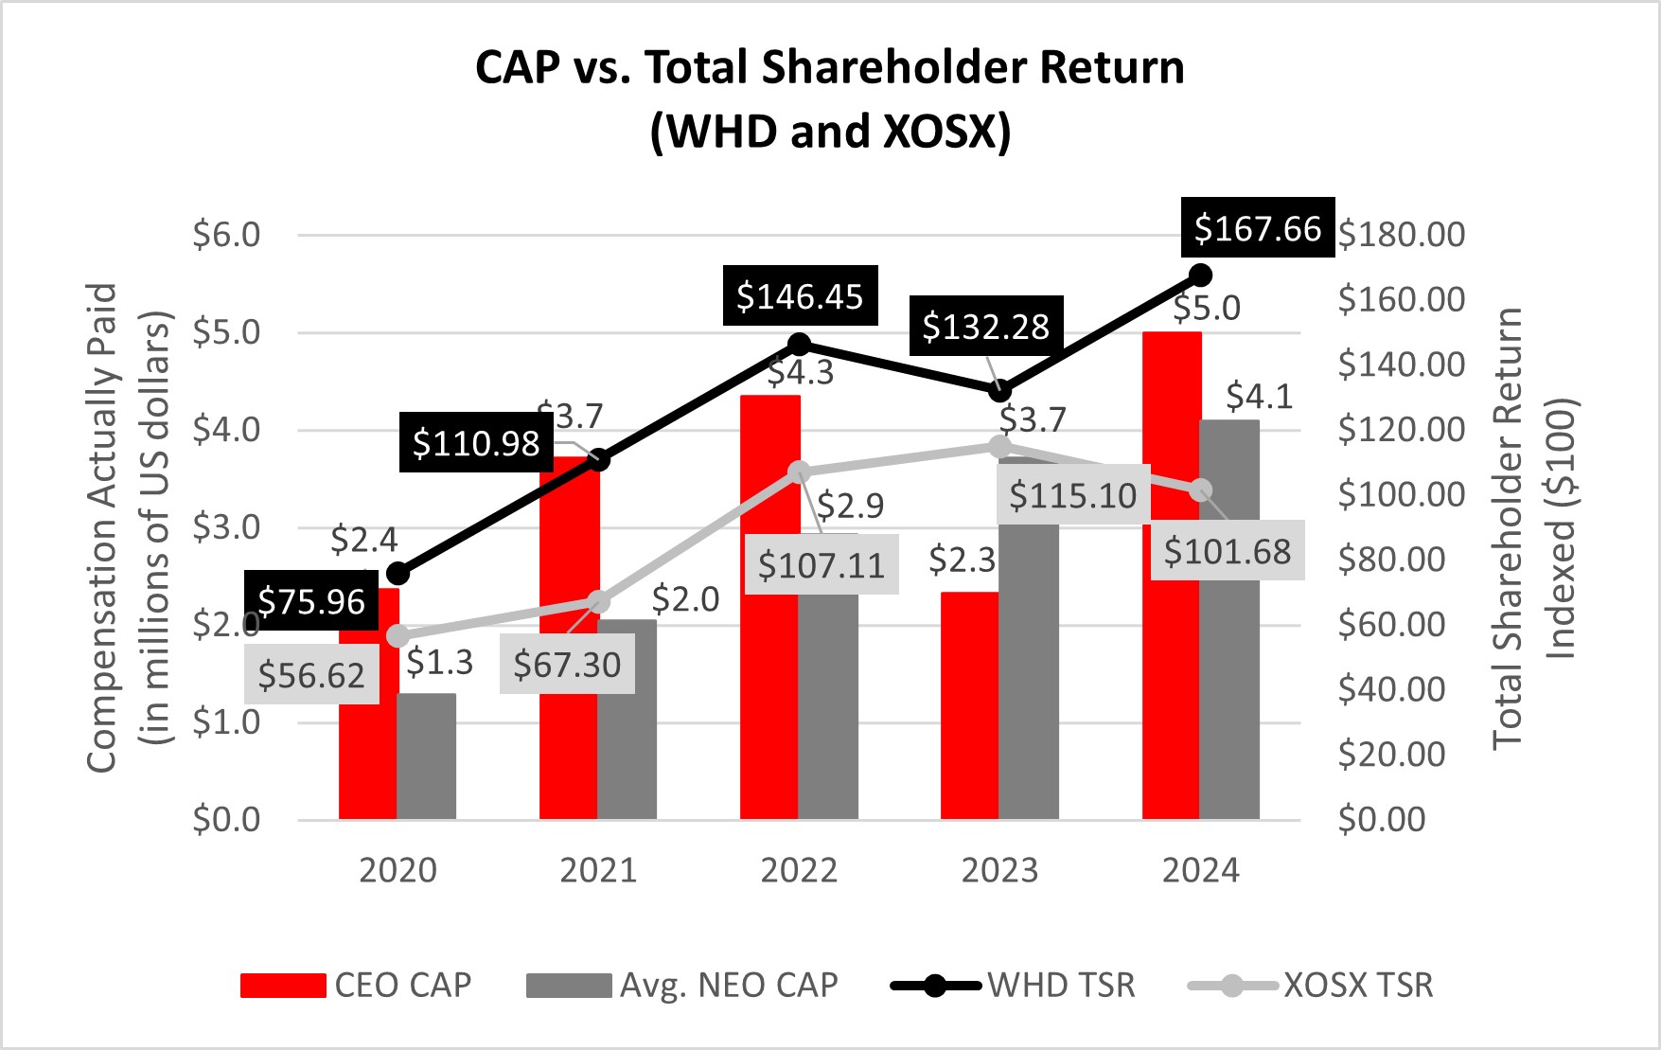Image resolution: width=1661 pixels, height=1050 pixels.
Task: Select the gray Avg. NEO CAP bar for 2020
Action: point(426,757)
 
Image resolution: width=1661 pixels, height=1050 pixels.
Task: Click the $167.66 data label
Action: point(1257,228)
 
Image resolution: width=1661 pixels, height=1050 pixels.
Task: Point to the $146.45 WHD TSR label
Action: point(800,296)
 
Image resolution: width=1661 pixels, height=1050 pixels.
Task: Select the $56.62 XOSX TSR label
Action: point(311,675)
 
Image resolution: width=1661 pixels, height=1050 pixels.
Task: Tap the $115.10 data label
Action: point(1072,495)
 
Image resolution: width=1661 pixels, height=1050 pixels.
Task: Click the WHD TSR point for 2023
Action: point(1000,390)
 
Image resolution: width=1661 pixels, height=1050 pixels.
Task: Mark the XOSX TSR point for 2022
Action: point(800,472)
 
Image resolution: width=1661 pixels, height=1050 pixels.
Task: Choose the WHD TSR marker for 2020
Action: point(398,573)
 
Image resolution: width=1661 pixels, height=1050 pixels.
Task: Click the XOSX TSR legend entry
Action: point(1311,986)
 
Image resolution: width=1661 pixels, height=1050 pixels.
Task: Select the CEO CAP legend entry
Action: point(356,986)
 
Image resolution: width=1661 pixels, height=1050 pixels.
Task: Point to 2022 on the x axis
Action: point(799,870)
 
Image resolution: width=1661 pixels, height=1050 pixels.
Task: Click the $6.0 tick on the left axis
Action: point(226,235)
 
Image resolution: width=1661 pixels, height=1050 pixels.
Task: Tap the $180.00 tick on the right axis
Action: point(1401,235)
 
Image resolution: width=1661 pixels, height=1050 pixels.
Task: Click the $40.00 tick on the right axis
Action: point(1391,689)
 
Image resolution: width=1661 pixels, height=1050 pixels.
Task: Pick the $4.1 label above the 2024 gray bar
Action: point(1259,397)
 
